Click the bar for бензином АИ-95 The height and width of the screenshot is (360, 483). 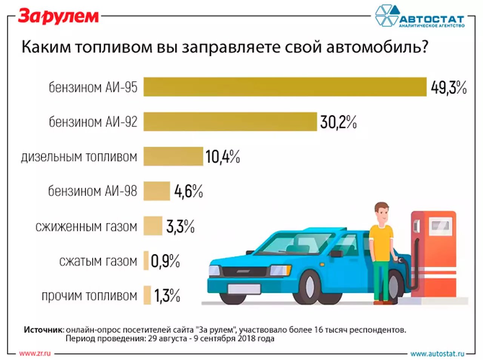(x=285, y=87)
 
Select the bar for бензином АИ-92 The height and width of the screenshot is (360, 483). (x=230, y=122)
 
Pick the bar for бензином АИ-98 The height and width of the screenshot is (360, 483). (x=157, y=191)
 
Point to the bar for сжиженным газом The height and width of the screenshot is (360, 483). (x=152, y=226)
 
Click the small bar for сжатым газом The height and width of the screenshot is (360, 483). (x=146, y=261)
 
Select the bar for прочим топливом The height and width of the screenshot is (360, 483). (x=147, y=295)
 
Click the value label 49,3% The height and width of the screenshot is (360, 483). (x=448, y=87)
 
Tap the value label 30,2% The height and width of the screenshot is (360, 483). (x=338, y=122)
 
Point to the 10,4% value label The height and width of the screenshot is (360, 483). (x=223, y=157)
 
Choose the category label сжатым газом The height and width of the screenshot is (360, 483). (x=98, y=261)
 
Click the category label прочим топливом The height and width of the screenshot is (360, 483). (x=89, y=296)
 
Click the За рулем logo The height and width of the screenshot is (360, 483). (x=58, y=17)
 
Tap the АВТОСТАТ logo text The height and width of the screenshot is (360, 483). (x=431, y=19)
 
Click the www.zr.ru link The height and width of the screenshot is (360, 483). (x=35, y=353)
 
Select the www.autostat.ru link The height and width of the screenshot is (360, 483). (x=437, y=354)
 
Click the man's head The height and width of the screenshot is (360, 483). (x=381, y=212)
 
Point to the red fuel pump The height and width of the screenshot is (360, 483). (x=434, y=249)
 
